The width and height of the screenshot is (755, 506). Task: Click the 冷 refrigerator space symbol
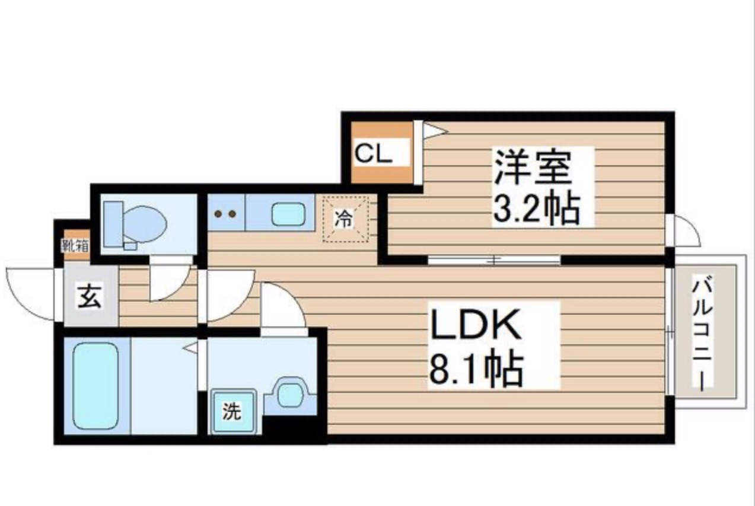[345, 220]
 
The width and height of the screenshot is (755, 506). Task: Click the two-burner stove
[226, 213]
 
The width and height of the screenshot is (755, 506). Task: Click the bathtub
[95, 386]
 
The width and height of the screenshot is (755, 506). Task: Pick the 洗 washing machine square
[232, 412]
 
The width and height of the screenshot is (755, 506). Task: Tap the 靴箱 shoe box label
[76, 245]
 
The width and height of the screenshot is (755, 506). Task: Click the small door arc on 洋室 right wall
[685, 232]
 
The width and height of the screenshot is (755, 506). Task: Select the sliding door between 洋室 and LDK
[494, 260]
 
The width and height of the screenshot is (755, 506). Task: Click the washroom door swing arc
[281, 306]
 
